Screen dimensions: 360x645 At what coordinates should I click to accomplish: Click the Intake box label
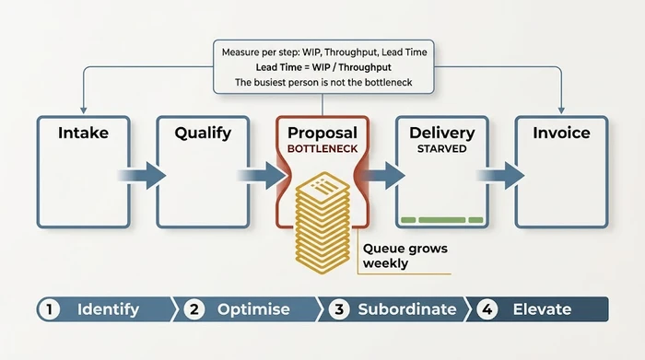tap(83, 133)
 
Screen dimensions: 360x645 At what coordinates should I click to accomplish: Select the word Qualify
tap(203, 133)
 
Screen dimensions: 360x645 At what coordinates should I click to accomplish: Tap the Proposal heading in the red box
tap(322, 133)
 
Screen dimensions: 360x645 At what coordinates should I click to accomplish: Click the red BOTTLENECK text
tap(322, 148)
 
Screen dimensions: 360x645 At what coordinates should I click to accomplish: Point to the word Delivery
tap(441, 133)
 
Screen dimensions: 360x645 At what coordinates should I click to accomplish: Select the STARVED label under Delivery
tap(441, 148)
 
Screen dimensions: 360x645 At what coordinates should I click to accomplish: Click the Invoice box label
tap(561, 133)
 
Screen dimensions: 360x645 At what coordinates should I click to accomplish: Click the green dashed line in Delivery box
tap(441, 219)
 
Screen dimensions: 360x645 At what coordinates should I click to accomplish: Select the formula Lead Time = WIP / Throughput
tap(322, 67)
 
